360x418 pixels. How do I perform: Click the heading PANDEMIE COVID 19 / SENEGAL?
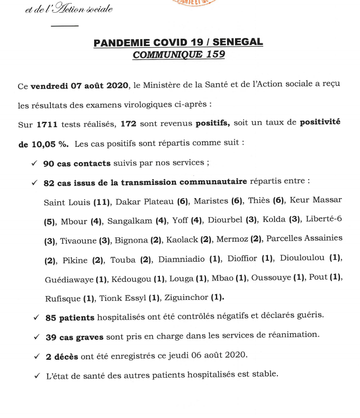point(178,43)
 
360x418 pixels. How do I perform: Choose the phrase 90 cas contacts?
point(77,164)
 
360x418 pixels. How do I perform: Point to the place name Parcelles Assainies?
point(304,238)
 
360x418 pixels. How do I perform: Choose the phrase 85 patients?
point(69,318)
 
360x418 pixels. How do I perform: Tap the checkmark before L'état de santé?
point(37,375)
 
